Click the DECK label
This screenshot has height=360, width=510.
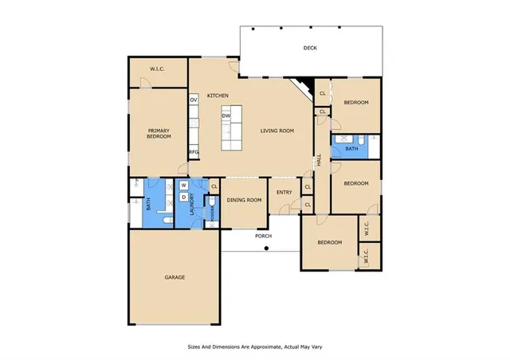pyautogui.click(x=310, y=49)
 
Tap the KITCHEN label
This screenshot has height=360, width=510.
pyautogui.click(x=218, y=96)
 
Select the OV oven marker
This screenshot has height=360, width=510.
pyautogui.click(x=194, y=100)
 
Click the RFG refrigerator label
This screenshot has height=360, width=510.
pyautogui.click(x=194, y=152)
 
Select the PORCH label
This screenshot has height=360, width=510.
pyautogui.click(x=264, y=237)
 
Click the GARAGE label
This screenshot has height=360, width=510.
pyautogui.click(x=175, y=277)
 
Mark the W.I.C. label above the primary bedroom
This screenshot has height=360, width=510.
pyautogui.click(x=158, y=69)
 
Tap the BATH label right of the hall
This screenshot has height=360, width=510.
pyautogui.click(x=351, y=148)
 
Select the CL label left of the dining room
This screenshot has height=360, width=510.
pyautogui.click(x=214, y=186)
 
